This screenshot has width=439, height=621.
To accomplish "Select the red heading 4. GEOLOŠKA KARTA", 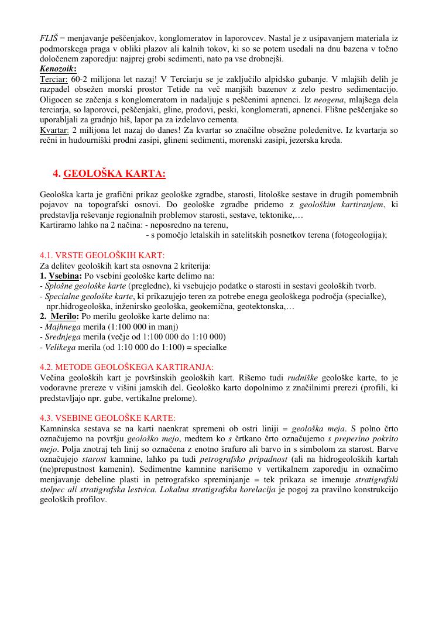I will tap(109, 173).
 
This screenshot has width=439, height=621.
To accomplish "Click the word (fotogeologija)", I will tap(359, 235).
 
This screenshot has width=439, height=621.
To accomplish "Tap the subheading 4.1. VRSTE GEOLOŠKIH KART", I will tap(102, 255).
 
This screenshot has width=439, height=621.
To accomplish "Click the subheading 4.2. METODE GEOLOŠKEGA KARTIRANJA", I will tap(127, 367).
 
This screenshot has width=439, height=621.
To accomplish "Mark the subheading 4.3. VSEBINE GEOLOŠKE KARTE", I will tap(107, 418).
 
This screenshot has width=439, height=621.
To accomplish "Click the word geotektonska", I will tap(260, 306).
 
